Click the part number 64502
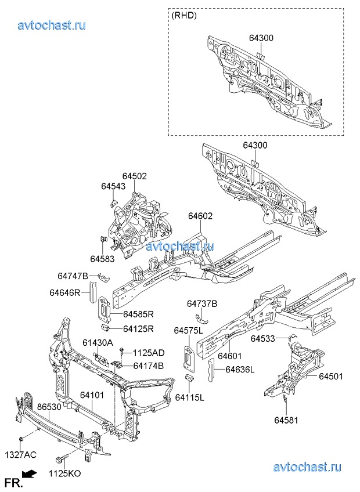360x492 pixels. pyautogui.click(x=134, y=176)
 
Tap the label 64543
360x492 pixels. pyautogui.click(x=113, y=186)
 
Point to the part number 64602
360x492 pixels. pyautogui.click(x=200, y=216)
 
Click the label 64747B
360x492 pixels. pyautogui.click(x=73, y=276)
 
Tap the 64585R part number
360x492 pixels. pyautogui.click(x=138, y=314)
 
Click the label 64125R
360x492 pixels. pyautogui.click(x=138, y=329)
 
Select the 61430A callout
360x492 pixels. pyautogui.click(x=98, y=342)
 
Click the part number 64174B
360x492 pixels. pyautogui.click(x=148, y=366)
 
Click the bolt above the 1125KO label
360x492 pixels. pyautogui.click(x=61, y=459)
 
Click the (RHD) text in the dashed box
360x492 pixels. pyautogui.click(x=185, y=16)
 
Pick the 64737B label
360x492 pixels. pyautogui.click(x=201, y=303)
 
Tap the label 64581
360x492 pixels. pyautogui.click(x=286, y=419)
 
